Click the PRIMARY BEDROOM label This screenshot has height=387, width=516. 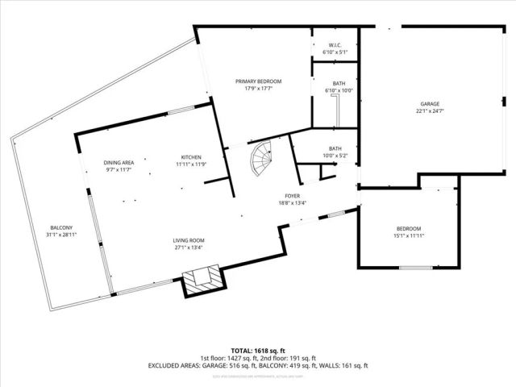pos(258,81)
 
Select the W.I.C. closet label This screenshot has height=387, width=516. pos(334,45)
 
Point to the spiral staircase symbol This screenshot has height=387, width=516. pos(262,158)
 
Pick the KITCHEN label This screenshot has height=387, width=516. pos(190,156)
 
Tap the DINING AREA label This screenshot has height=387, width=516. pos(118,162)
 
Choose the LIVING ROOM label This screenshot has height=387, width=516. pos(188,240)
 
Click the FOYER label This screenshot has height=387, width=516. pos(292,196)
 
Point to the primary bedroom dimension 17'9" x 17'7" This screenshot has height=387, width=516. pos(258,89)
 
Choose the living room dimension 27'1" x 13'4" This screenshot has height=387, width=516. pos(188,248)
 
